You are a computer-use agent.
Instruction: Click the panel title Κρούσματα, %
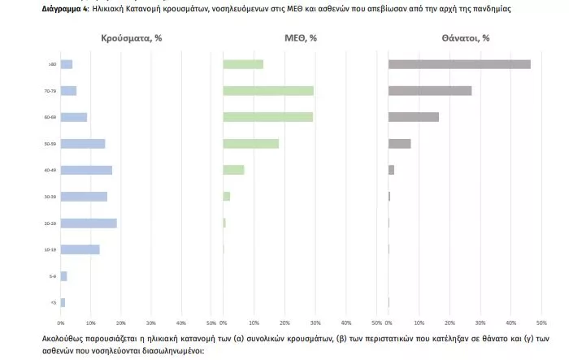132,38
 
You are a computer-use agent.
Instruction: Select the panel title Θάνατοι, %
466,38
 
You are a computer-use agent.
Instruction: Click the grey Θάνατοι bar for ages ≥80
459,64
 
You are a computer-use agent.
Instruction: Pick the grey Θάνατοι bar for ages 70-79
430,91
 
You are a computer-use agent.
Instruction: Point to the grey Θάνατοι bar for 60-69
414,117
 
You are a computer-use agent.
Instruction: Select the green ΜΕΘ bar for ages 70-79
268,91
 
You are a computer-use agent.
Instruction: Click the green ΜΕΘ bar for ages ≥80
243,64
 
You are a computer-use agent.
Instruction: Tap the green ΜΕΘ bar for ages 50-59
251,144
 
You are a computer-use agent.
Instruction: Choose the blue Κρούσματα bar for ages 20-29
89,223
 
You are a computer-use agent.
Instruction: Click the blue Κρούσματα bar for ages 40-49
87,170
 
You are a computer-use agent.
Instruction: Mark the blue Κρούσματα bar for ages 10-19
80,249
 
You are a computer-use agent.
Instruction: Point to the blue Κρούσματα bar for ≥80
67,64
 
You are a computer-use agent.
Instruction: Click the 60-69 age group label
51,117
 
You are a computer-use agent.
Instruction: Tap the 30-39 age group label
51,197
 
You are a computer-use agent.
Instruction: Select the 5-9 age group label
53,276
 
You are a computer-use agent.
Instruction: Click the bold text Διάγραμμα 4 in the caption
65,8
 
